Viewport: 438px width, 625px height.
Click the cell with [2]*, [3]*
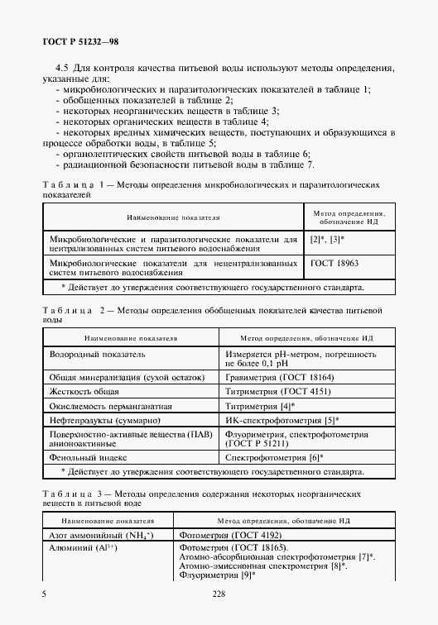pyautogui.click(x=327, y=239)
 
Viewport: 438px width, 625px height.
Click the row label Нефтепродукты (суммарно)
pyautogui.click(x=104, y=421)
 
